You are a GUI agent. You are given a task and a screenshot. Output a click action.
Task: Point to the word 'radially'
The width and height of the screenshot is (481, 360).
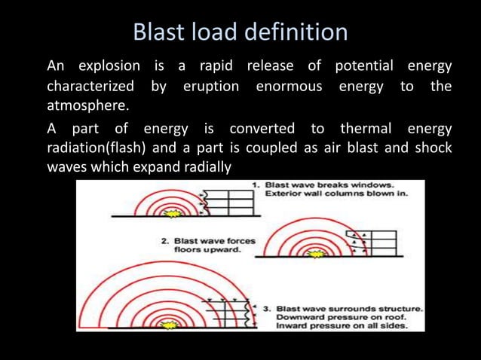point(204,166)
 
